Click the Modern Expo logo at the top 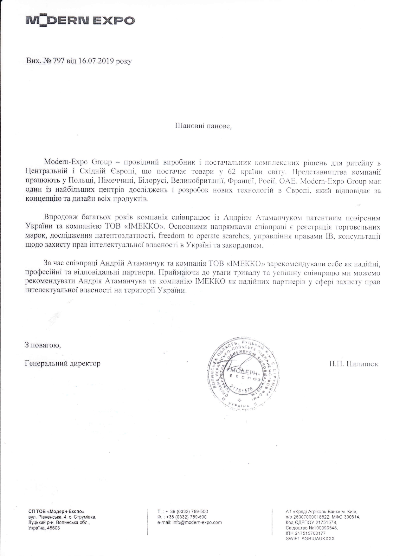point(81,21)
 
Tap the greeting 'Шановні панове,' point(203,126)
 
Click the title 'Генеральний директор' point(62,363)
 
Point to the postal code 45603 point(53,528)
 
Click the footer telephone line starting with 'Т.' point(183,512)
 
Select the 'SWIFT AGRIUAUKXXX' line point(310,539)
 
